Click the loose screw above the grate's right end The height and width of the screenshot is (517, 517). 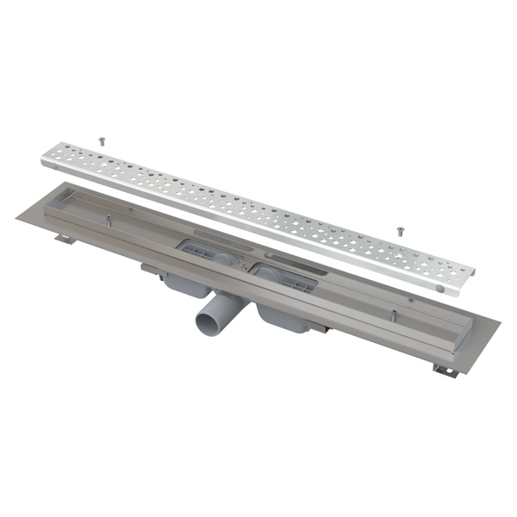point(399,230)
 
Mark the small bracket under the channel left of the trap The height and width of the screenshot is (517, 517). point(153,271)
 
